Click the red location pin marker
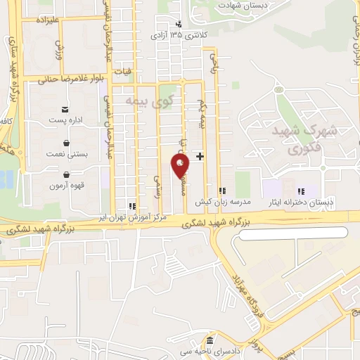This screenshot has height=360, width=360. (x=181, y=165)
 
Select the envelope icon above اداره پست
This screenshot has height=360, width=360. (x=65, y=109)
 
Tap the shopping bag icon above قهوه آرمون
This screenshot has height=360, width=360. (x=66, y=175)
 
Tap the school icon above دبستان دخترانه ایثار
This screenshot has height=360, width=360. (x=301, y=191)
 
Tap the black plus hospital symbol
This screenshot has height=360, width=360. (x=200, y=155)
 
